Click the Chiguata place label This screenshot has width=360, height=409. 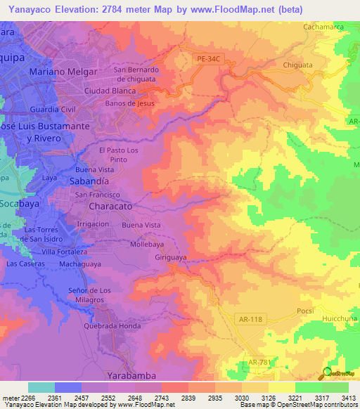(302, 65)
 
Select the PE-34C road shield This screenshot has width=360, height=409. (208, 60)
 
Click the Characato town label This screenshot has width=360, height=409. (112, 207)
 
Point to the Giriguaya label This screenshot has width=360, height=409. (171, 257)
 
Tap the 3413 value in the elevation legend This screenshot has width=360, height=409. (349, 398)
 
